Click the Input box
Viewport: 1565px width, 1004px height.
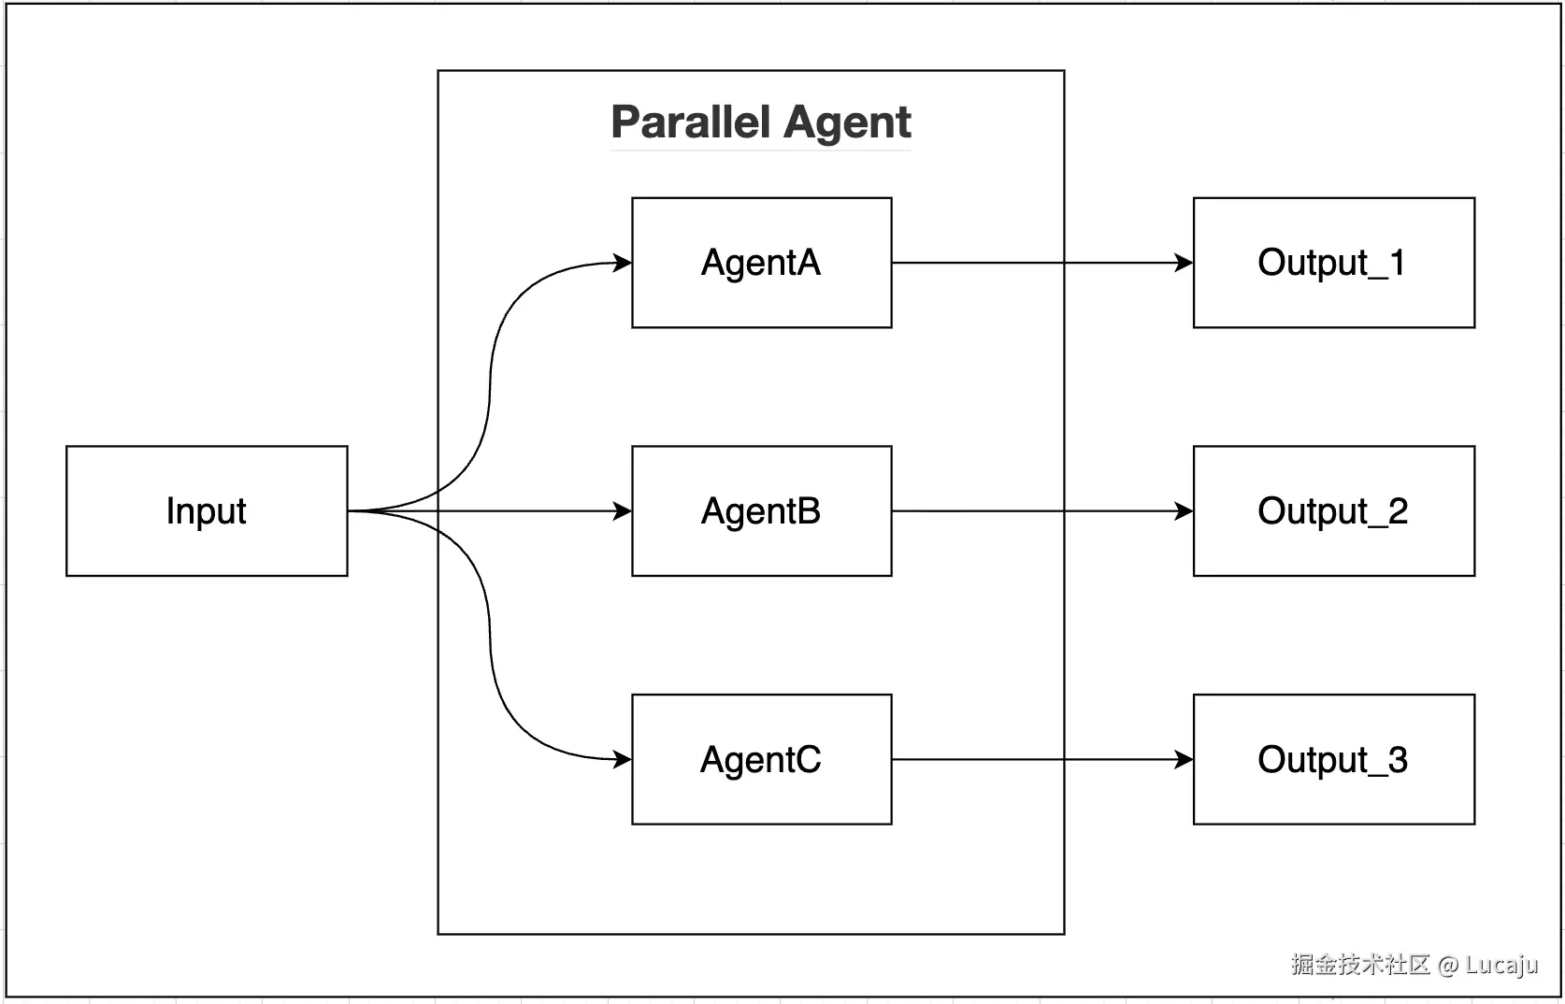pyautogui.click(x=207, y=511)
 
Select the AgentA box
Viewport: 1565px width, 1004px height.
pyautogui.click(x=761, y=263)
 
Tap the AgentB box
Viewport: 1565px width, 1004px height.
pyautogui.click(x=761, y=511)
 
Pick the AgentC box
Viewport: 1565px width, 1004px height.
pyautogui.click(x=761, y=759)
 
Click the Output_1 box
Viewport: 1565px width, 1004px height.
pyautogui.click(x=1333, y=263)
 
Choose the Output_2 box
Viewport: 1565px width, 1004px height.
pyautogui.click(x=1333, y=511)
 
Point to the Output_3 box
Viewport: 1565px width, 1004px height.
pyautogui.click(x=1333, y=759)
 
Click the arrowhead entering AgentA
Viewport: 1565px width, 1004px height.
pyautogui.click(x=623, y=263)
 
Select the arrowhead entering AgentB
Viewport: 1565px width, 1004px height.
pyautogui.click(x=623, y=511)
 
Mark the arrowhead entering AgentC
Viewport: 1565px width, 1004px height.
pyautogui.click(x=623, y=759)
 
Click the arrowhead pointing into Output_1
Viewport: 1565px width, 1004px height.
pyautogui.click(x=1184, y=263)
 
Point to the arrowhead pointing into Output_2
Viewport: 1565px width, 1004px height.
pyautogui.click(x=1184, y=511)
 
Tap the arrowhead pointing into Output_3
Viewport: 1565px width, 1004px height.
pyautogui.click(x=1184, y=759)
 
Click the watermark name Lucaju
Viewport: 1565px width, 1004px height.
pyautogui.click(x=1501, y=965)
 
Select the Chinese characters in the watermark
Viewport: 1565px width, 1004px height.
pyautogui.click(x=1360, y=965)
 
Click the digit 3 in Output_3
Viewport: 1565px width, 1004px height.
pyautogui.click(x=1398, y=759)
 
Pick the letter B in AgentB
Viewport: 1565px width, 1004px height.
pyautogui.click(x=809, y=511)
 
